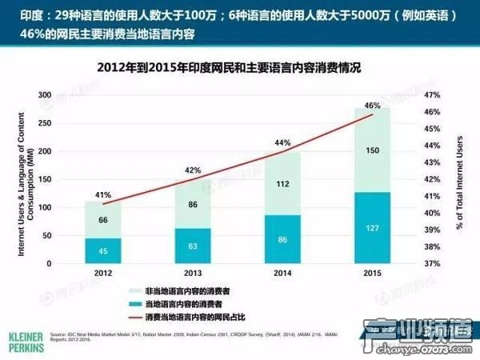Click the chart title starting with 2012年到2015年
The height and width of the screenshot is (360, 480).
[240, 68]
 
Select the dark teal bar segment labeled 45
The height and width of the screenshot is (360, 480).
[102, 250]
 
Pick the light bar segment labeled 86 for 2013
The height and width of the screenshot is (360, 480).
[193, 205]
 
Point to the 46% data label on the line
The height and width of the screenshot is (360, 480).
[372, 105]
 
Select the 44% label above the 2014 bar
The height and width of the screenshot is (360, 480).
[282, 143]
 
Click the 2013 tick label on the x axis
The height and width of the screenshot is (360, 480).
[193, 274]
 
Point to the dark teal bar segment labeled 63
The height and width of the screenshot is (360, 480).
[193, 246]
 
